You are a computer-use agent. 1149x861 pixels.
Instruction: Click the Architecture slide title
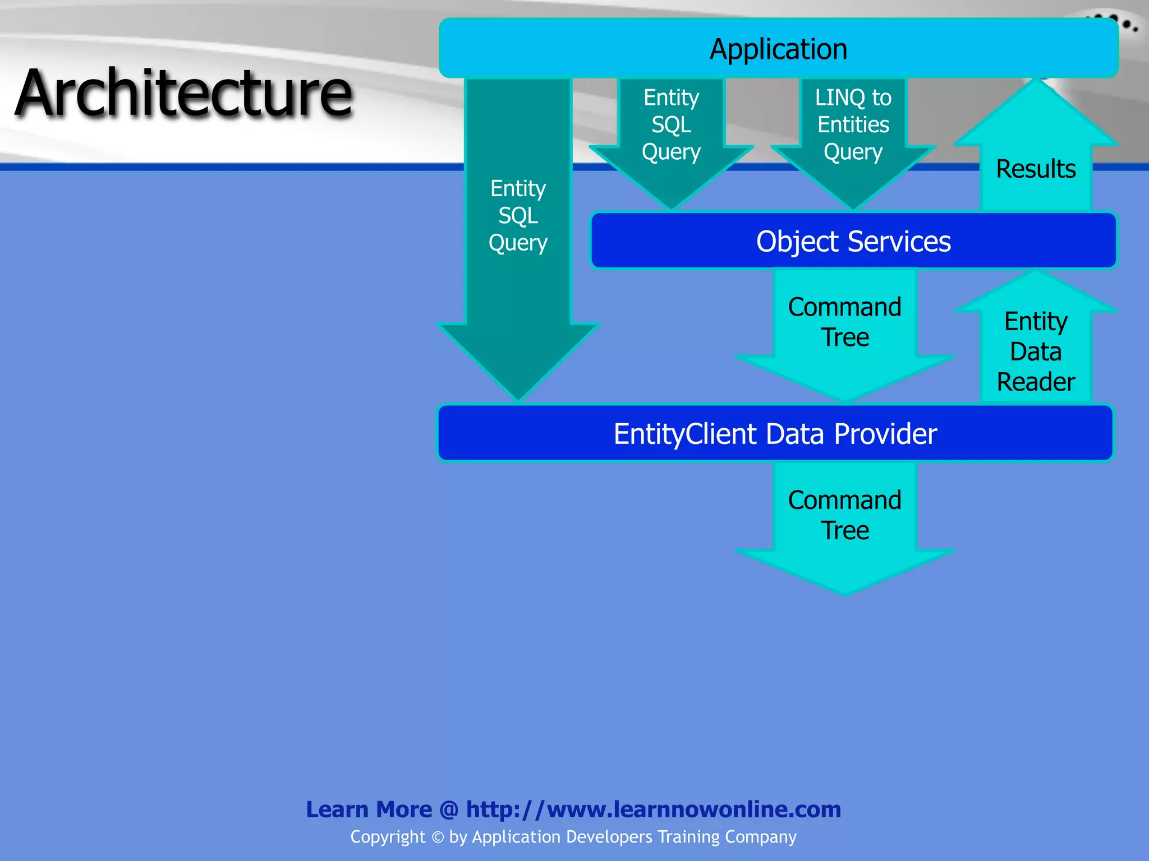point(184,92)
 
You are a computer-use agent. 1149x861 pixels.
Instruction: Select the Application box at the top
point(778,49)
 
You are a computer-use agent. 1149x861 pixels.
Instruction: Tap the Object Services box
point(853,241)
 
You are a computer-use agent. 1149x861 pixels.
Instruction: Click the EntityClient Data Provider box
point(775,433)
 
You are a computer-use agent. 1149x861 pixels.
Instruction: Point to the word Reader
point(1036,382)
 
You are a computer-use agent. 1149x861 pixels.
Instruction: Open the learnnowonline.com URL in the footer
point(653,809)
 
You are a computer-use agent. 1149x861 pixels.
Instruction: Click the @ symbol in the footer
point(449,810)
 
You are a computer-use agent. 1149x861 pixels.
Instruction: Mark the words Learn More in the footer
point(369,810)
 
